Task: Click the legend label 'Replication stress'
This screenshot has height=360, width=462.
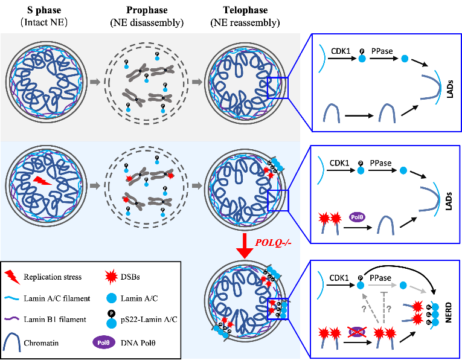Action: point(53,277)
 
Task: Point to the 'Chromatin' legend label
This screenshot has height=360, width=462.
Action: point(42,343)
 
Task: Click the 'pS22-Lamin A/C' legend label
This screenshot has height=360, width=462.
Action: point(147,320)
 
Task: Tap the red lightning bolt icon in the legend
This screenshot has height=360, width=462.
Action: point(11,277)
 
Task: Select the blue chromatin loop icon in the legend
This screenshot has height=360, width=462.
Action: point(11,342)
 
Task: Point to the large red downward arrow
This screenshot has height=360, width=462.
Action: point(244,245)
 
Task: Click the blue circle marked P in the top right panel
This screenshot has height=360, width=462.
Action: point(362,60)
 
